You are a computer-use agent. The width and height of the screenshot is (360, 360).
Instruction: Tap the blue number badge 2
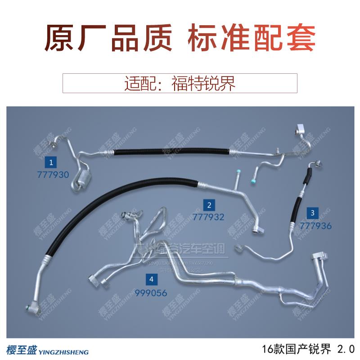(209, 206)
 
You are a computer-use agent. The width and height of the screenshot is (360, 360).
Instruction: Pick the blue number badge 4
(152, 279)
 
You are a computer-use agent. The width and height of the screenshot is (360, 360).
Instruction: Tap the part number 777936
(315, 225)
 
